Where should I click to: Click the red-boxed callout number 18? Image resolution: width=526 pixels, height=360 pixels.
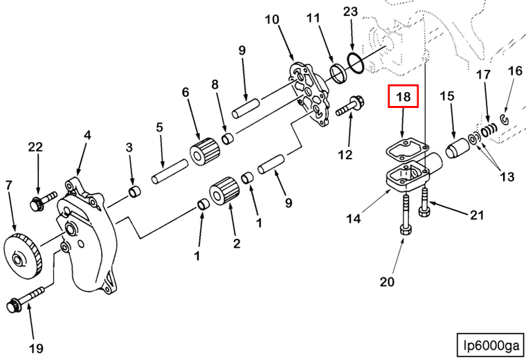(403, 98)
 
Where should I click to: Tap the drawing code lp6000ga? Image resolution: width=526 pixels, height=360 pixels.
(491, 344)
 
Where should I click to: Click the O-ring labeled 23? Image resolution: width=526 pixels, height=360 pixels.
(355, 62)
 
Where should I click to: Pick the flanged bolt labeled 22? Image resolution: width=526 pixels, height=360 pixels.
(37, 203)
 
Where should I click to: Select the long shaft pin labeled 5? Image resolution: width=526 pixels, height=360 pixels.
(170, 171)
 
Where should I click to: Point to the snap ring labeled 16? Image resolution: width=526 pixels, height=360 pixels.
(505, 121)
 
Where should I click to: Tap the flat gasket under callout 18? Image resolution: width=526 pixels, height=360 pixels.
(404, 148)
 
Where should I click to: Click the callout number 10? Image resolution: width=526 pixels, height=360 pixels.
(271, 19)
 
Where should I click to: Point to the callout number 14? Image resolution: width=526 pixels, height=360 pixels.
(354, 219)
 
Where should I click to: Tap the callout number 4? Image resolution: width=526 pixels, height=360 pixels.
(87, 135)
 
